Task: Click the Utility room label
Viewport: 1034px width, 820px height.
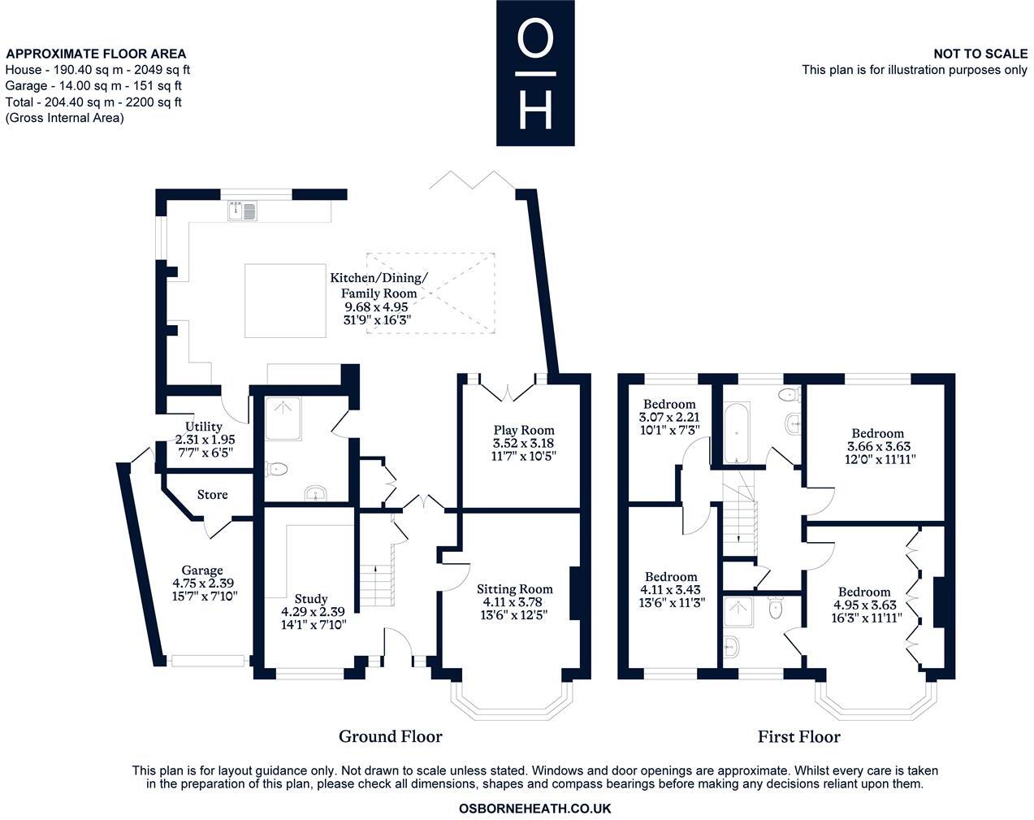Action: coord(204,427)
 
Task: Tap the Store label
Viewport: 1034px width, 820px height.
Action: coord(212,494)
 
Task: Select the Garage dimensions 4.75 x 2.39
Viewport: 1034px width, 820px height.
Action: coord(203,583)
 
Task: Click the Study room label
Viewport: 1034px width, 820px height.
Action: coord(311,599)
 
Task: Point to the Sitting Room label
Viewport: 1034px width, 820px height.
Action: coord(515,589)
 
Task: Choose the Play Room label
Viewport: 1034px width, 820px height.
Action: coord(524,430)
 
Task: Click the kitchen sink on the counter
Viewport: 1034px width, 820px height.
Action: coord(243,210)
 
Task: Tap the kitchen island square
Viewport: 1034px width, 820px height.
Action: coord(285,300)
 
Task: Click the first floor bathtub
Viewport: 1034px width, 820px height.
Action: coord(736,432)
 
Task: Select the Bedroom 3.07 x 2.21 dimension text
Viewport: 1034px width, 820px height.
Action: coord(669,417)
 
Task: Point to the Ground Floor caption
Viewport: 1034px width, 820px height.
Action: coord(391,736)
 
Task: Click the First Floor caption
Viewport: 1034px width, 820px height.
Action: coord(799,736)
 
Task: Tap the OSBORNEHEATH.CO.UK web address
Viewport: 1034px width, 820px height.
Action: coord(534,809)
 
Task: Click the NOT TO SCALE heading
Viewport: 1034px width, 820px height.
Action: coord(980,54)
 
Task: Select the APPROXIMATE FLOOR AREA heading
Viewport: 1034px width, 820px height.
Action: coord(96,54)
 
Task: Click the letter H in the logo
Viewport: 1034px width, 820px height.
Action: coord(536,111)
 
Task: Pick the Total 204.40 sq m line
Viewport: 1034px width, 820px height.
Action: coord(93,102)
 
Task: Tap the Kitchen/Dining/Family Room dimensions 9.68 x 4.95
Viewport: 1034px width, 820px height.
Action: coord(376,307)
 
